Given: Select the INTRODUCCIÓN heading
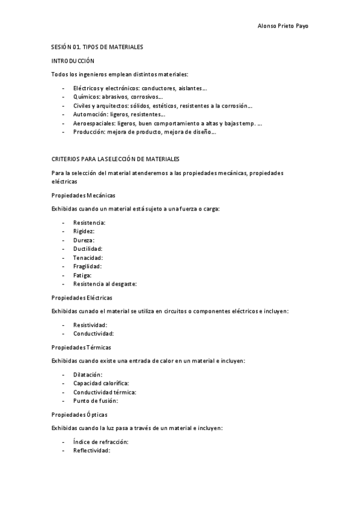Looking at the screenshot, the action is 73,61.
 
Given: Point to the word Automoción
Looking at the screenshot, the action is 90,114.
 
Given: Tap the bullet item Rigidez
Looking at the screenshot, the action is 84,231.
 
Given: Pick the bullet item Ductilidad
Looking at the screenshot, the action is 88,248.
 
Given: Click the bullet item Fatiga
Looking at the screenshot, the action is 82,275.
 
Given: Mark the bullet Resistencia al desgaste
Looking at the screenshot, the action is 105,283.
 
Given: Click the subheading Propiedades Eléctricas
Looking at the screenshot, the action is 82,298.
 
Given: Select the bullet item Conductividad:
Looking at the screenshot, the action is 94,333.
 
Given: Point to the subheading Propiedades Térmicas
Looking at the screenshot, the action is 81,347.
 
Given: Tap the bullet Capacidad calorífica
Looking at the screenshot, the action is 101,383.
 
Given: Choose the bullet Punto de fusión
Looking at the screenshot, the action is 96,401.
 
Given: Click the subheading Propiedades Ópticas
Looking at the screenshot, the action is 80,414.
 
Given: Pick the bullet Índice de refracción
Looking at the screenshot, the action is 101,442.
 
